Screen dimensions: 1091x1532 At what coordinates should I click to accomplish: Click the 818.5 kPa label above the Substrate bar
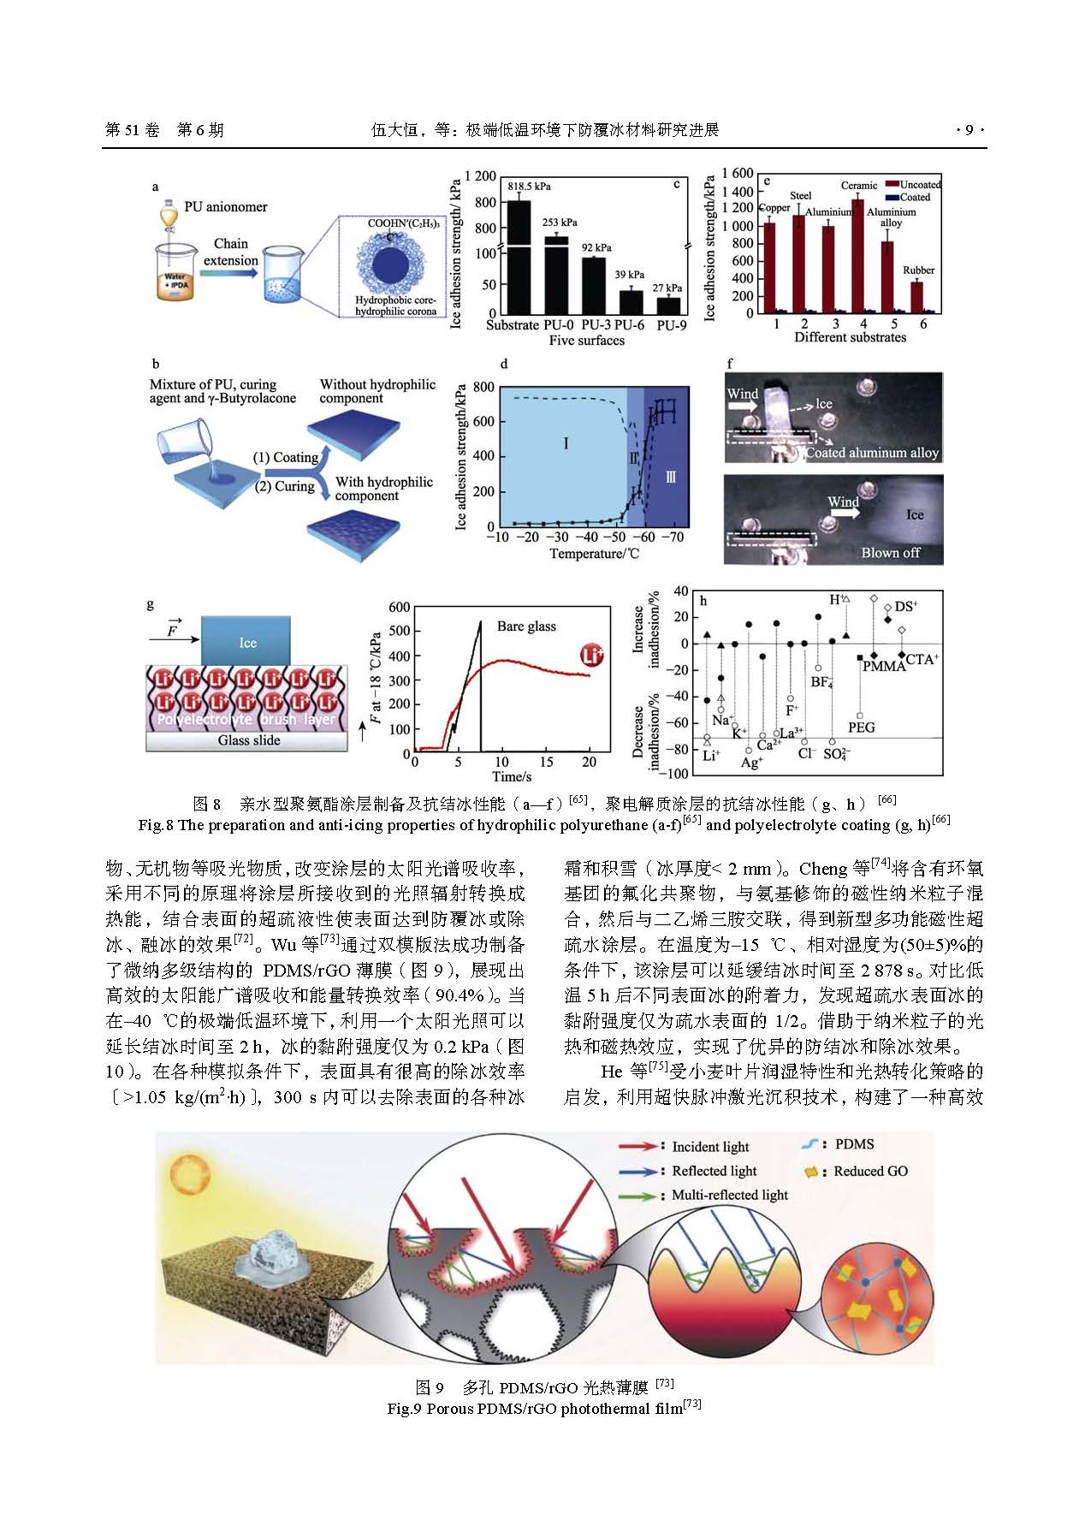pos(529,187)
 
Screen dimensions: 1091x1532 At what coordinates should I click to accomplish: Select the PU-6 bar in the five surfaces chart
pos(631,302)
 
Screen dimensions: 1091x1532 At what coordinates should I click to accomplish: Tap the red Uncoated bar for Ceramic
pos(858,257)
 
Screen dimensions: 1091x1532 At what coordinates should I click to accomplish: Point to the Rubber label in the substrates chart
pos(918,270)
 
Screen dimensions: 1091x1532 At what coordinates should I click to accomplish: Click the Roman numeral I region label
pos(566,443)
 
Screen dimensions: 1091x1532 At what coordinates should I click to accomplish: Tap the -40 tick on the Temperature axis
pos(586,537)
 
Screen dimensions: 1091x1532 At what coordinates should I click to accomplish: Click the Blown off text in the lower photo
pos(890,553)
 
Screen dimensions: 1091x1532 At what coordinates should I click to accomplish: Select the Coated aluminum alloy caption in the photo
pos(872,453)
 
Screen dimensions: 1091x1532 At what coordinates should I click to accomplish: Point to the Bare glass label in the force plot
pos(526,626)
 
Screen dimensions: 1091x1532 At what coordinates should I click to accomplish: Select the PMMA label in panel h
pos(884,667)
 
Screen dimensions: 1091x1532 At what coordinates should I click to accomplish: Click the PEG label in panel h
pos(861,727)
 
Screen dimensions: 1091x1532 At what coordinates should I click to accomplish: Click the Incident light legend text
pos(710,1147)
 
